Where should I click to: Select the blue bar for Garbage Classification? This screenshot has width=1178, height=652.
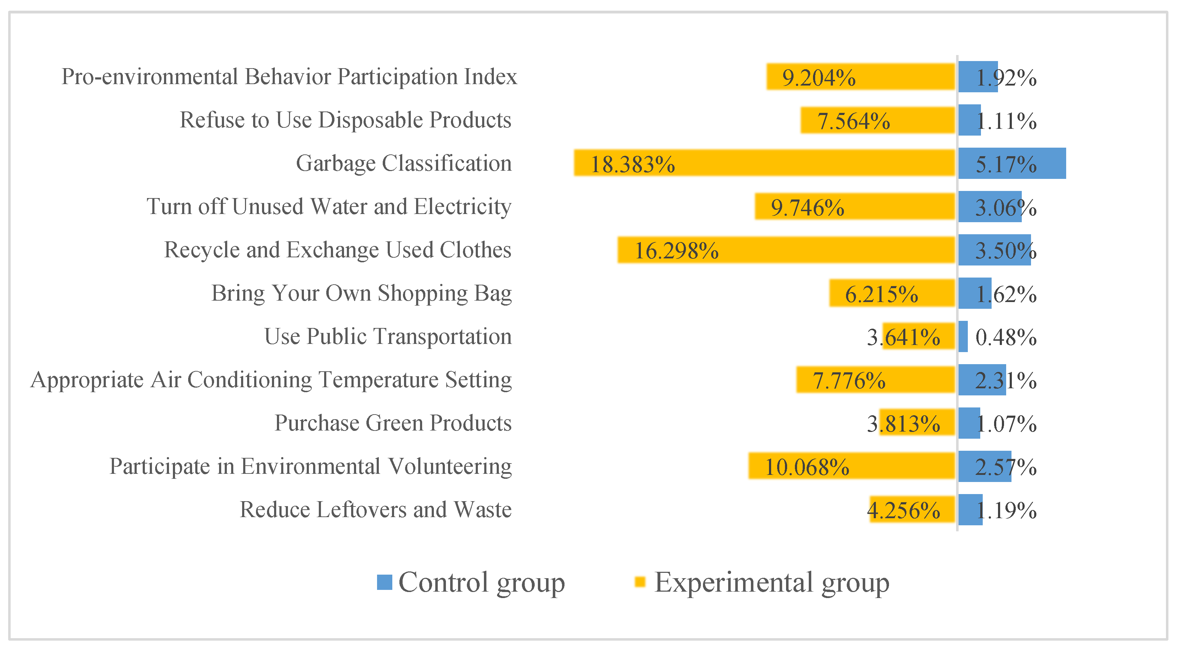1011,163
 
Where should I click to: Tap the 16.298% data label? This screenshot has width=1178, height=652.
676,251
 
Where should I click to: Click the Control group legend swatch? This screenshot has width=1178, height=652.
384,582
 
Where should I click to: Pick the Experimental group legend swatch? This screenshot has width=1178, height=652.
639,582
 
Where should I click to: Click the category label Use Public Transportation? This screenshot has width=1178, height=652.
388,336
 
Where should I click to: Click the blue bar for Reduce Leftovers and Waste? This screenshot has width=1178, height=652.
970,509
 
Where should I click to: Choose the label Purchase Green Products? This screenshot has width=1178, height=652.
393,423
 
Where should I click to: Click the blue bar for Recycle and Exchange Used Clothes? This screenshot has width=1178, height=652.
994,250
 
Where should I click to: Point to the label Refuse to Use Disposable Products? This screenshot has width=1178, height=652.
345,120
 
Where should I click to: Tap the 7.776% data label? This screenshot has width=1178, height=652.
849,380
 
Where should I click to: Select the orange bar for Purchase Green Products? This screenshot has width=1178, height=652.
917,422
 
